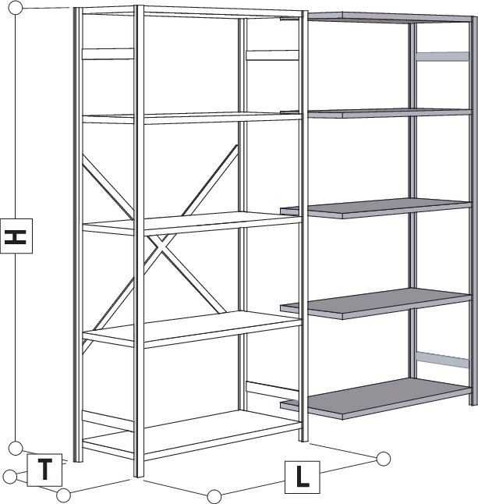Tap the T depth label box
(x=45, y=470)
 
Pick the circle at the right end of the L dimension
(x=383, y=458)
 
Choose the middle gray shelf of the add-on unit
(x=374, y=207)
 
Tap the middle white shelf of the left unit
(x=191, y=222)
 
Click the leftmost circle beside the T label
(x=10, y=477)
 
